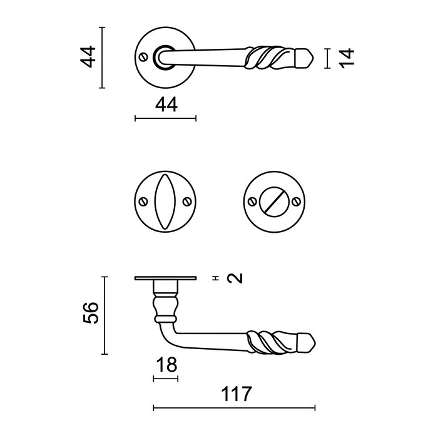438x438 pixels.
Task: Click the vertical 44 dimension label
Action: tap(90, 57)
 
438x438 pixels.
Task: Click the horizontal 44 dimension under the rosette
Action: tap(166, 105)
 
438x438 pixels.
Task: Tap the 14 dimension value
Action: tap(348, 58)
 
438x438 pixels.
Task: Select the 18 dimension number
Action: tap(165, 364)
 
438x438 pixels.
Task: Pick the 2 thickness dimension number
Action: tap(235, 278)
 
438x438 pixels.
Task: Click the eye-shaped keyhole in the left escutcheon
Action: tap(166, 201)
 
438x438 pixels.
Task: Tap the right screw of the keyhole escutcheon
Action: tap(186, 201)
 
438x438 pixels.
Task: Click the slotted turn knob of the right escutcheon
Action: tap(275, 201)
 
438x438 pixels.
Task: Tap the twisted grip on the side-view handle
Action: tap(267, 340)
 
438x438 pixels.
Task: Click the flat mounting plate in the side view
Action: tap(165, 278)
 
